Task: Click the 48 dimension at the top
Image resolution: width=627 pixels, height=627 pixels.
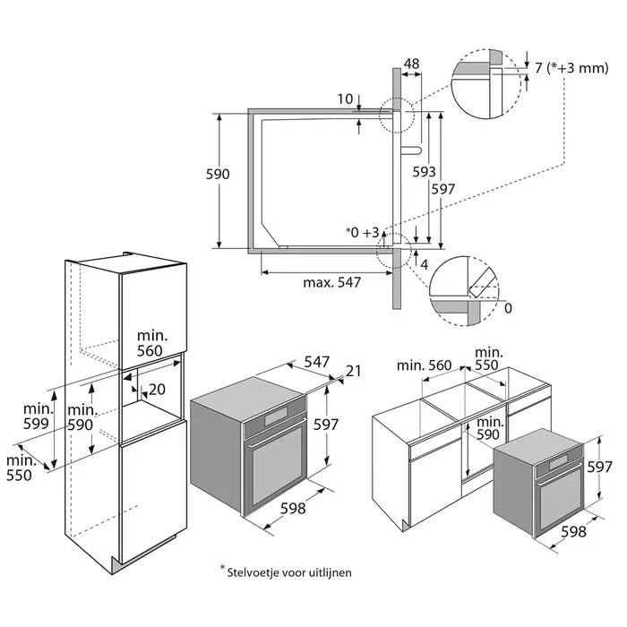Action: (x=411, y=64)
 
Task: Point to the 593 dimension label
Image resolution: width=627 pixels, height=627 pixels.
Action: (x=425, y=170)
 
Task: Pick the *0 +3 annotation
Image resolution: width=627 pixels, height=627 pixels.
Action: (x=363, y=232)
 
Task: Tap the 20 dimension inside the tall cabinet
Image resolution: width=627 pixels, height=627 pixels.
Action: (x=158, y=389)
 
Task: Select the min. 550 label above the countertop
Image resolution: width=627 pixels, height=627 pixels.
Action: (x=489, y=359)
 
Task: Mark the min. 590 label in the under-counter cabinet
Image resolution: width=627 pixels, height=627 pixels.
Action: (x=489, y=428)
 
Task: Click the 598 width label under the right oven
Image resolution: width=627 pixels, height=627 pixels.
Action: (x=572, y=531)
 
